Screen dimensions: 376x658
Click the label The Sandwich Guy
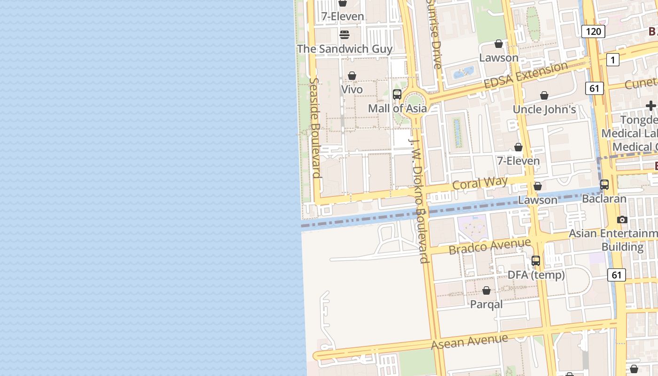pyautogui.click(x=345, y=49)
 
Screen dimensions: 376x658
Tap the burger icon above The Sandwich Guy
pyautogui.click(x=345, y=34)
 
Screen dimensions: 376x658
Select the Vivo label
pyautogui.click(x=352, y=89)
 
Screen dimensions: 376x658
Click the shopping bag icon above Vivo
pyautogui.click(x=352, y=76)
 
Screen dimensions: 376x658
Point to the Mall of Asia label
pyautogui.click(x=397, y=109)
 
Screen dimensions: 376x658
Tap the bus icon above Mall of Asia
pyautogui.click(x=397, y=94)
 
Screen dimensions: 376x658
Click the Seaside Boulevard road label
pyautogui.click(x=315, y=127)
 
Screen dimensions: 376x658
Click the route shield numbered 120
pyautogui.click(x=593, y=31)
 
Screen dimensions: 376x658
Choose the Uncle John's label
pyautogui.click(x=544, y=110)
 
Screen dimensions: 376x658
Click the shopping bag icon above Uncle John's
pyautogui.click(x=544, y=96)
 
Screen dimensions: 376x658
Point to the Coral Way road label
pyautogui.click(x=480, y=183)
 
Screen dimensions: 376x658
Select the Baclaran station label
pyautogui.click(x=604, y=199)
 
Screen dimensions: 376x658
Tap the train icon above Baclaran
pyautogui.click(x=604, y=185)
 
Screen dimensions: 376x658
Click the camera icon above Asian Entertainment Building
pyautogui.click(x=622, y=219)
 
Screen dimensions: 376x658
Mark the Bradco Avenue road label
pyautogui.click(x=490, y=246)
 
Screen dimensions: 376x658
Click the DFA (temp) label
pyautogui.click(x=536, y=275)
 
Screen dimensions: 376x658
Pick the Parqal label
pyautogui.click(x=486, y=304)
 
